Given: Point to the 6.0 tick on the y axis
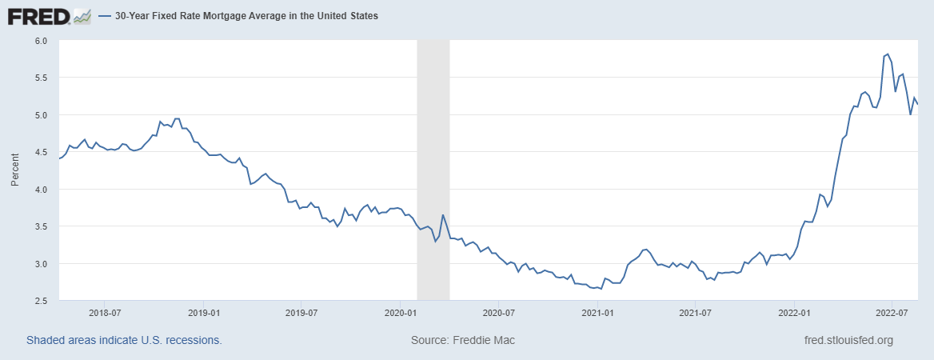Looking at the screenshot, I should click(42, 41).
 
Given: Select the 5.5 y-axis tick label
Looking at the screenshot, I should click(42, 78).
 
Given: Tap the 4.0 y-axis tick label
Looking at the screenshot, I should click(42, 190).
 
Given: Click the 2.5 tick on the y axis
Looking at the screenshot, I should click(42, 301).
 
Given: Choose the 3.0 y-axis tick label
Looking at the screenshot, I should click(42, 264).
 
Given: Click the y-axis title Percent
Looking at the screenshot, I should click(14, 170).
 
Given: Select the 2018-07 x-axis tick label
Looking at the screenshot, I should click(105, 314).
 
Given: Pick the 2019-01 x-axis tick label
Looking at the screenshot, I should click(203, 314).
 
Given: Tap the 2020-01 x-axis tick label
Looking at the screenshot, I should click(400, 314).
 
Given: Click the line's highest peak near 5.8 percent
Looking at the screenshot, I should click(888, 54).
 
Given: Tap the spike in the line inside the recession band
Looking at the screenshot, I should click(443, 215).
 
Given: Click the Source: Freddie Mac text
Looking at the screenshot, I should click(463, 340).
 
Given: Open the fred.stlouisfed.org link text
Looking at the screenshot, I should click(848, 340).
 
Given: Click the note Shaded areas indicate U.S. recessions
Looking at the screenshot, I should click(124, 340).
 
